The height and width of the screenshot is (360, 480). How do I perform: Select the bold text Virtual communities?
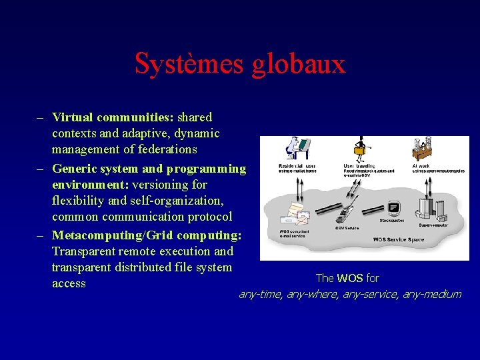[113, 117]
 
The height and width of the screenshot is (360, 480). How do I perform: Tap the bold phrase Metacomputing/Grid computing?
[147, 235]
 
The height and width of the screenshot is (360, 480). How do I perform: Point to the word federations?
[165, 149]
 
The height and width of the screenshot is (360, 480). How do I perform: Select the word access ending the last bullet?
[69, 283]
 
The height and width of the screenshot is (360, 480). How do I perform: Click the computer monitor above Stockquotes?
[392, 206]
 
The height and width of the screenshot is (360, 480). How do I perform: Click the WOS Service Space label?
[399, 239]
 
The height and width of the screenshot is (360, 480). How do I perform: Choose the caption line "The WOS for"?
[347, 278]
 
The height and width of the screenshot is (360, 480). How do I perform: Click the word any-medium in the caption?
[431, 294]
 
